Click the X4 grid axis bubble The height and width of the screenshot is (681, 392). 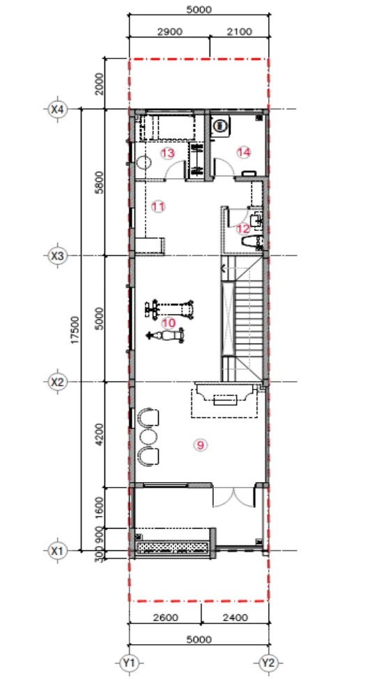57,109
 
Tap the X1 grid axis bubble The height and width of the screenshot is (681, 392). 57,551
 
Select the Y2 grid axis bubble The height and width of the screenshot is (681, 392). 268,663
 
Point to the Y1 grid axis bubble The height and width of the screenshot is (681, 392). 129,663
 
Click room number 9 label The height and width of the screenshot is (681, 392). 201,444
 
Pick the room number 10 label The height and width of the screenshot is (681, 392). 168,323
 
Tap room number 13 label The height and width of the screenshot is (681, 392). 168,153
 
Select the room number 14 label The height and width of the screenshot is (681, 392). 244,152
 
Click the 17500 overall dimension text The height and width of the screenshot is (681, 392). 76,331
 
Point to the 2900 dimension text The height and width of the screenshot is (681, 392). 169,32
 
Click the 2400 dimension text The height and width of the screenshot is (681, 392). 235,617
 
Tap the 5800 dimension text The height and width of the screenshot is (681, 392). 100,182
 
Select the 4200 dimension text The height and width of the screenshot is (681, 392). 100,434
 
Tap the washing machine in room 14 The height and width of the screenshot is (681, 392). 221,125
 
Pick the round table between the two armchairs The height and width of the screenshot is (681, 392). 148,436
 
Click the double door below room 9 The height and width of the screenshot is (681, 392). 233,497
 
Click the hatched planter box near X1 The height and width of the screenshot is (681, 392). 173,547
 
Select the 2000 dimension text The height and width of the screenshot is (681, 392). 100,83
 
